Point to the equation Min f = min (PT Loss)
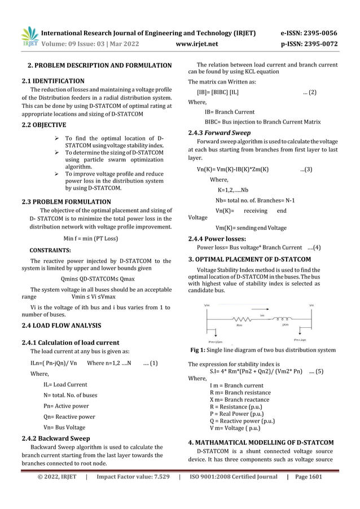91,238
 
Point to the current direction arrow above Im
262,310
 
